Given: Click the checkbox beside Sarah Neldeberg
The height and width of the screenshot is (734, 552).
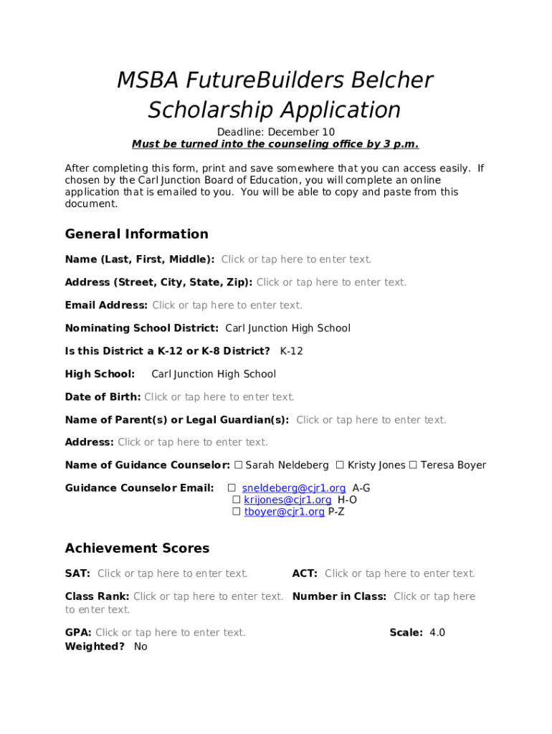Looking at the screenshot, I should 239,465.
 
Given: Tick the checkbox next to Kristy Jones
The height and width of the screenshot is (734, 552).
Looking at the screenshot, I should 341,465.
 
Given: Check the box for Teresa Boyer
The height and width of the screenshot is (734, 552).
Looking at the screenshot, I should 413,465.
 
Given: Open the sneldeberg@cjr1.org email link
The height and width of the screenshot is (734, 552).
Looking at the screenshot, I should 294,488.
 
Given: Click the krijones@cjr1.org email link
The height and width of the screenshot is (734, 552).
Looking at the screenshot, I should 287,500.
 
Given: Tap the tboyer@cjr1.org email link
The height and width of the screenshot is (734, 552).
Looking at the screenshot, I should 284,512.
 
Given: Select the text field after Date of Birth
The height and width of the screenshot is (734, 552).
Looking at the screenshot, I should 219,397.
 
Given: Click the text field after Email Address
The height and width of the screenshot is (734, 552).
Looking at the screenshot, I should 227,305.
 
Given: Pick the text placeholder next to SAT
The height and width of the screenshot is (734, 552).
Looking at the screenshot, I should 173,573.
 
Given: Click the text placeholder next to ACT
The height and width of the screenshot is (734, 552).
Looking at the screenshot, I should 400,573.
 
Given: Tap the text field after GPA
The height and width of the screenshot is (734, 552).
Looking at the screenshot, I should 171,633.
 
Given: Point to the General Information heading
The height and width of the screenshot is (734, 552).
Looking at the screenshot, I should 136,234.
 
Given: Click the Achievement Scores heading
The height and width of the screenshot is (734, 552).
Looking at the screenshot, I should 137,548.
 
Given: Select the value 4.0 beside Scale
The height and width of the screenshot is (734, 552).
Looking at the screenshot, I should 437,633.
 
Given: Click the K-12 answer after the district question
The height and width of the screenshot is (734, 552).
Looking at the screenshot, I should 291,351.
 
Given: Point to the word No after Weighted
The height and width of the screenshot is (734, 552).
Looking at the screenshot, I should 141,647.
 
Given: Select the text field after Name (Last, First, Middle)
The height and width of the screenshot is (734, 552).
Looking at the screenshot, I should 296,259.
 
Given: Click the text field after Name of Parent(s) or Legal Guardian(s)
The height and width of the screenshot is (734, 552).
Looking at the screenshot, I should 371,420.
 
